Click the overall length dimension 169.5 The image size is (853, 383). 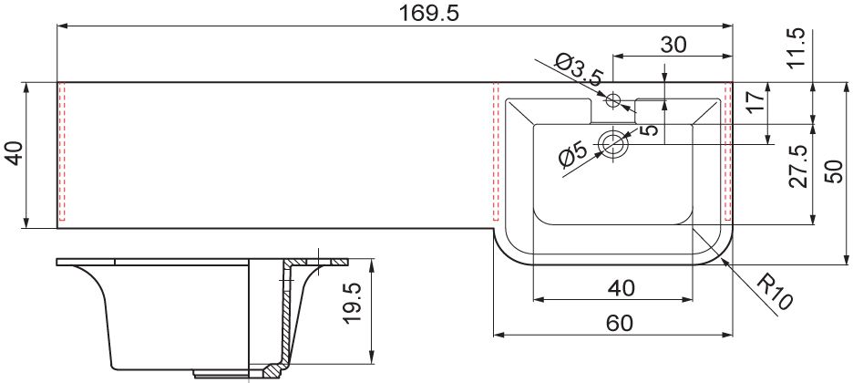coord(430,13)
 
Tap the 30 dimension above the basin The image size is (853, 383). coord(673,45)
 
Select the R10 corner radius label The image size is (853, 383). coord(776,292)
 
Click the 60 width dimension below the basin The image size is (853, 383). coord(620,324)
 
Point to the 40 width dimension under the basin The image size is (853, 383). coord(621,288)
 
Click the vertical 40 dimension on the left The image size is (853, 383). coord(15,153)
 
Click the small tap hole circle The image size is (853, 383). coord(613,100)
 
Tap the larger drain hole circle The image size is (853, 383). coord(613,144)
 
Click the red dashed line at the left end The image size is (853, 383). coord(62,152)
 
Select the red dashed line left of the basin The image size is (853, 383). coord(496,152)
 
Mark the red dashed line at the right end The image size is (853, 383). coord(729,152)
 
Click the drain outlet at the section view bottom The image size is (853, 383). coord(222,373)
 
